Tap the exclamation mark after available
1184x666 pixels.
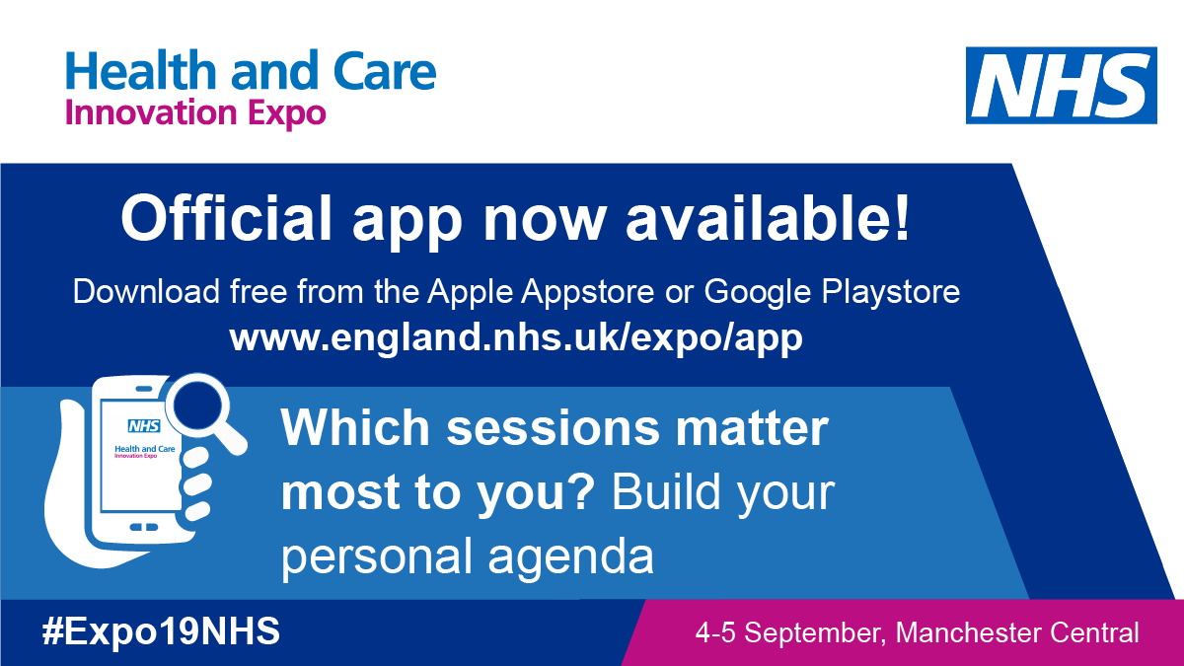click(x=900, y=219)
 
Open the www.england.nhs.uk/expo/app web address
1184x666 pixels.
click(x=516, y=337)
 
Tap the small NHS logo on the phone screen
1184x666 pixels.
click(x=143, y=426)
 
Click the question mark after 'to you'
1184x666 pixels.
click(x=579, y=490)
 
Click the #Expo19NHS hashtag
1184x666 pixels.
click(x=160, y=631)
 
